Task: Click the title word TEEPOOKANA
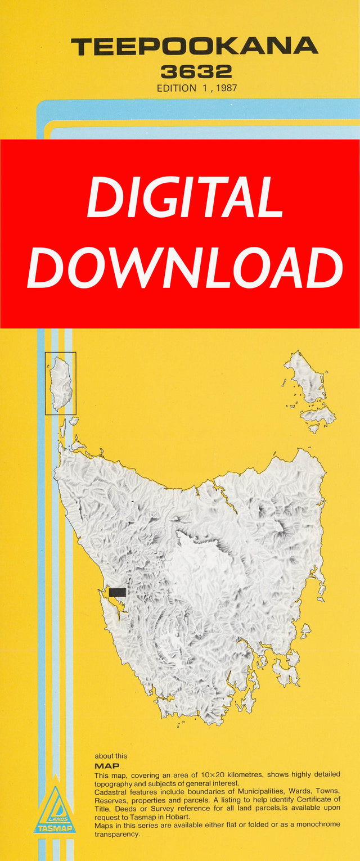[194, 46]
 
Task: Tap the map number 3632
[196, 72]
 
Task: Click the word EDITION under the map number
[177, 88]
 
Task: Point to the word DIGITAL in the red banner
[184, 198]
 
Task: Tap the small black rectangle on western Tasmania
[118, 592]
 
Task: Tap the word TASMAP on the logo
[55, 828]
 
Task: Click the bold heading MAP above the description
[107, 766]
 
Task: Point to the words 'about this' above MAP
[111, 756]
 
